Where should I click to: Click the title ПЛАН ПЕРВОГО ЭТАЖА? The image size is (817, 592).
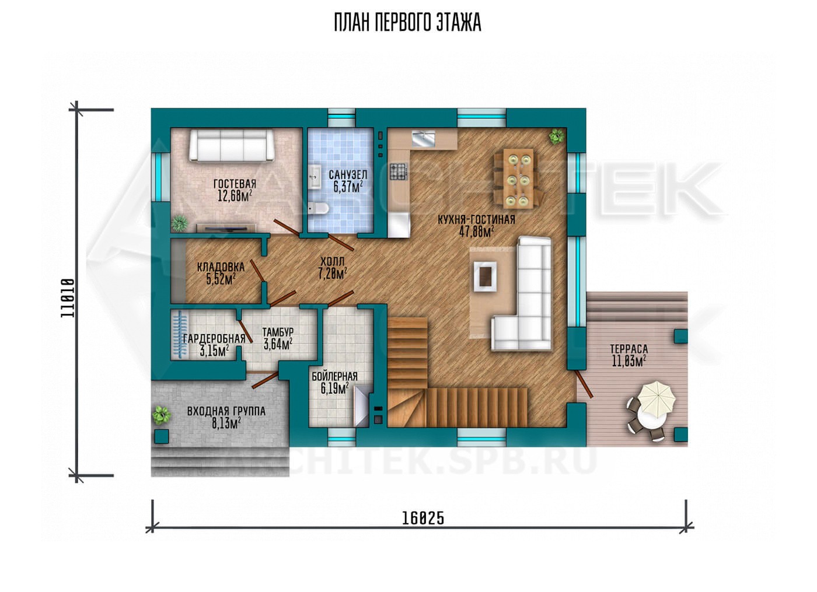pyautogui.click(x=407, y=23)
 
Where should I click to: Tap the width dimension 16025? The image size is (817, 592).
pyautogui.click(x=423, y=518)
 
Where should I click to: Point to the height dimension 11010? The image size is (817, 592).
pyautogui.click(x=68, y=298)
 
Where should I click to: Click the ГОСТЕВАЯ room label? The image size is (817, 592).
pyautogui.click(x=235, y=184)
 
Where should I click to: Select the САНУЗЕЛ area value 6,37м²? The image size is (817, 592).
pyautogui.click(x=348, y=187)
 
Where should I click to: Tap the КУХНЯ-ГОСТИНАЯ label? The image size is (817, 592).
pyautogui.click(x=476, y=220)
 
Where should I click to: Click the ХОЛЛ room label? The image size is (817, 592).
pyautogui.click(x=332, y=261)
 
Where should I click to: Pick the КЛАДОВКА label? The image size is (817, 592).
pyautogui.click(x=221, y=267)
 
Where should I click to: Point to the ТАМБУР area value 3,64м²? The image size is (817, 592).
pyautogui.click(x=278, y=344)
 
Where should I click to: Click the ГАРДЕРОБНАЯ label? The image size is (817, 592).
pyautogui.click(x=214, y=339)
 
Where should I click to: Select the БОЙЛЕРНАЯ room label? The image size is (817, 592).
pyautogui.click(x=334, y=376)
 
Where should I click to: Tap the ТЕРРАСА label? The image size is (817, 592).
pyautogui.click(x=629, y=349)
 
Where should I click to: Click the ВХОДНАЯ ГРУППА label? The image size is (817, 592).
pyautogui.click(x=226, y=412)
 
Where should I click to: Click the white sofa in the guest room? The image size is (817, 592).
pyautogui.click(x=231, y=145)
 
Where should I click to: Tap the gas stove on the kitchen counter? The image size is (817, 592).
pyautogui.click(x=398, y=171)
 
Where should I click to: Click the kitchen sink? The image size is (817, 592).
pyautogui.click(x=424, y=139)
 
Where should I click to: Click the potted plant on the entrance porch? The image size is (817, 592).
pyautogui.click(x=161, y=415)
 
